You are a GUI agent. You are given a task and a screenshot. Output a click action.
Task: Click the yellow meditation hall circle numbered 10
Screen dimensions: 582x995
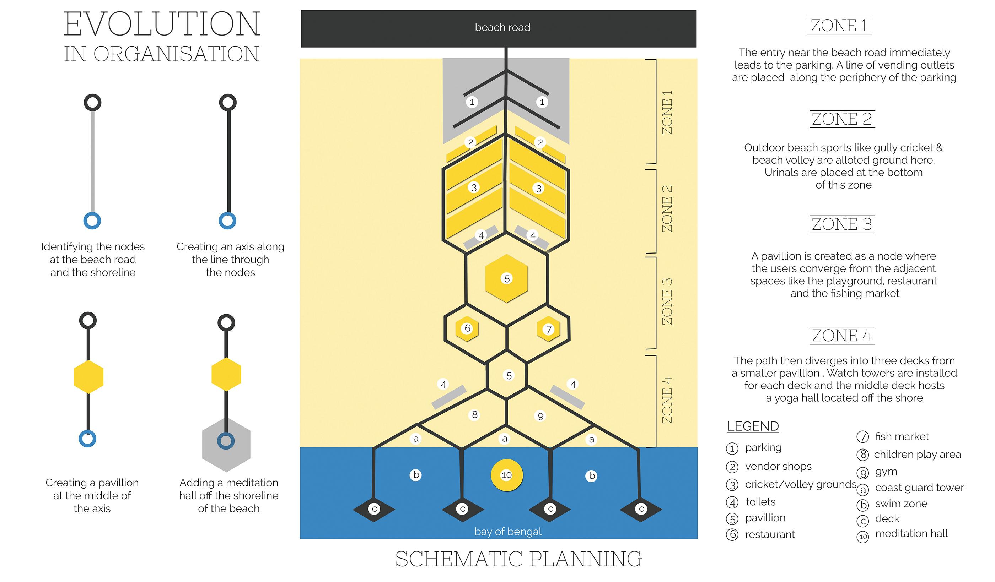[507, 475]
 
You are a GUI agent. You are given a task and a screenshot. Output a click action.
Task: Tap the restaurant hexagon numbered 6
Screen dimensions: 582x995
[467, 328]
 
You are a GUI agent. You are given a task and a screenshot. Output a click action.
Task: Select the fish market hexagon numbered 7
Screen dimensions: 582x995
[548, 330]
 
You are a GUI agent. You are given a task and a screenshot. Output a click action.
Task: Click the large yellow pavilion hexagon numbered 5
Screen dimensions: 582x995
[507, 278]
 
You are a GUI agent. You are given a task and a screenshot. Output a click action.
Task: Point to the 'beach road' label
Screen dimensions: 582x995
[502, 28]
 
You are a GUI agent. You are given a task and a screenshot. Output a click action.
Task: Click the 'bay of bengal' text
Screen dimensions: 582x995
[508, 532]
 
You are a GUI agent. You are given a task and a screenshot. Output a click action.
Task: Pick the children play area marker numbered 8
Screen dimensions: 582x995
[475, 415]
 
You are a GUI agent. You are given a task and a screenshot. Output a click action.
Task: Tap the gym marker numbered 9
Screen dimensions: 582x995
[540, 416]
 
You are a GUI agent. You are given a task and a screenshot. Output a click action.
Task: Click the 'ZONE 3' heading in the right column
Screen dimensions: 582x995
[842, 224]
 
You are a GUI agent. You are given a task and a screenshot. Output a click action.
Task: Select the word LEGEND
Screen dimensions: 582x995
[753, 426]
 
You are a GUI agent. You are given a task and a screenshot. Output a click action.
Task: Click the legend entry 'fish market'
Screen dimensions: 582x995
[902, 436]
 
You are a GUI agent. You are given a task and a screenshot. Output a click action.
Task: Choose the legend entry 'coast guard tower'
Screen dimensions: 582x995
[919, 488]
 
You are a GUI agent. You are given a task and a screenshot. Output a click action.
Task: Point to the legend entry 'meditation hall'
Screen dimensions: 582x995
[911, 533]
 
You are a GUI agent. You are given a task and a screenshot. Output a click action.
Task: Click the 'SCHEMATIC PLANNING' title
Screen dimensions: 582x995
[518, 559]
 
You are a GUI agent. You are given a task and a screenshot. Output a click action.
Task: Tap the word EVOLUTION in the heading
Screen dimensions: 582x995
[162, 25]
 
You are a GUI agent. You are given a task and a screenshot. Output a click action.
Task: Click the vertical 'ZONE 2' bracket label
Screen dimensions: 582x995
[667, 208]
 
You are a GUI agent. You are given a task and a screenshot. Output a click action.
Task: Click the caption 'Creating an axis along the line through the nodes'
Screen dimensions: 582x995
[230, 259]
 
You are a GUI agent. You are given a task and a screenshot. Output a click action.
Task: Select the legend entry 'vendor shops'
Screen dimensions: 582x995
[778, 466]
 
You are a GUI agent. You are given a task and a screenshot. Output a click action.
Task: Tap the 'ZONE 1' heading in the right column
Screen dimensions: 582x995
[839, 26]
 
